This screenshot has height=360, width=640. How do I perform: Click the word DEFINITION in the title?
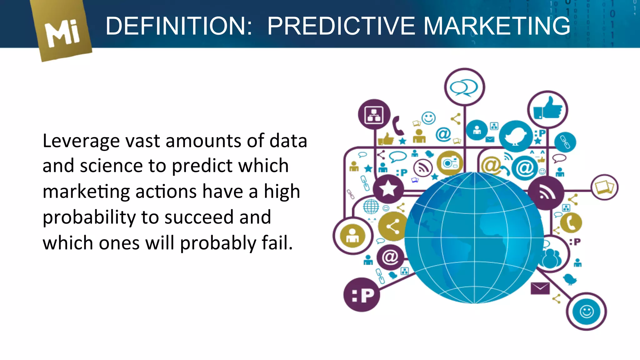[178, 26]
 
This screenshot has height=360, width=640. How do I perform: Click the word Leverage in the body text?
[81, 141]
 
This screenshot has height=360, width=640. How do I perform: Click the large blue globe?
[474, 237]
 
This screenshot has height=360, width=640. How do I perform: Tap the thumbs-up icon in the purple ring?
[547, 109]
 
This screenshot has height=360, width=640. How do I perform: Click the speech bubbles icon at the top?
[464, 87]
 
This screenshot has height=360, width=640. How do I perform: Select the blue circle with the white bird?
[516, 136]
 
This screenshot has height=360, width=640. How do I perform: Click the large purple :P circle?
[362, 295]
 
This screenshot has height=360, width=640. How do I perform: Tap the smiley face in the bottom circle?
[587, 312]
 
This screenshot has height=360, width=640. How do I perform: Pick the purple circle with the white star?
[388, 189]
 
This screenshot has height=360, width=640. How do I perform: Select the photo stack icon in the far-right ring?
[604, 187]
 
